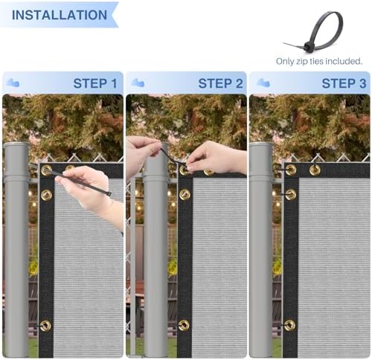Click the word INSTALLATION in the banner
(60, 15)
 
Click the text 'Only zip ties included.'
(319, 61)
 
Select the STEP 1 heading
(95, 83)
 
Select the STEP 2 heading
(220, 83)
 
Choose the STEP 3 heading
(344, 83)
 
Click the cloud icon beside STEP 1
(13, 83)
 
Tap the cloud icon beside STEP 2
(138, 83)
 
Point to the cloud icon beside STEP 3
(263, 83)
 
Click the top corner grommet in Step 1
(46, 170)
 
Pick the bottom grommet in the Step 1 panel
(45, 326)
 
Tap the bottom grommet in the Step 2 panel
(184, 325)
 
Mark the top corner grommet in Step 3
(291, 170)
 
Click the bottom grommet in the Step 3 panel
(289, 325)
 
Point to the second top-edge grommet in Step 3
(315, 170)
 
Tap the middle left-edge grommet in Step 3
(290, 195)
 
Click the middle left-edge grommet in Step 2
(185, 195)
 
